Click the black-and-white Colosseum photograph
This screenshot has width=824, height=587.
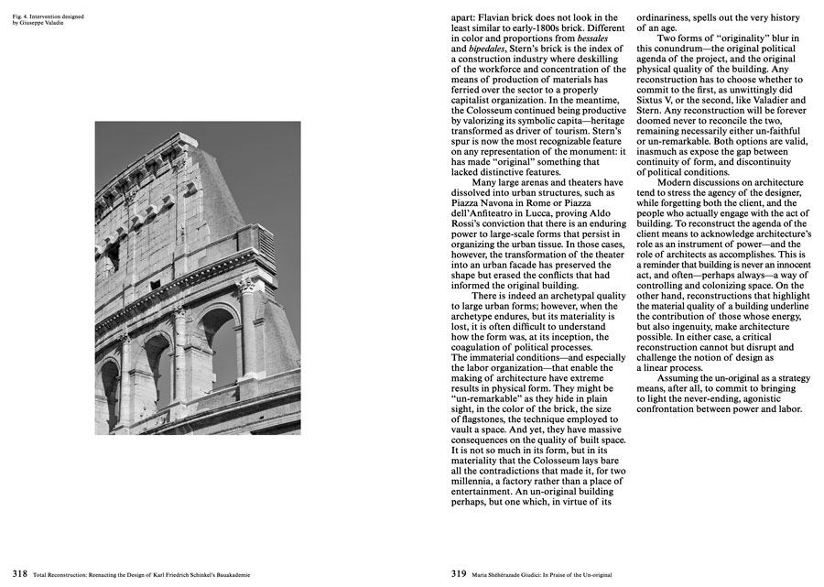[197, 277]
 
